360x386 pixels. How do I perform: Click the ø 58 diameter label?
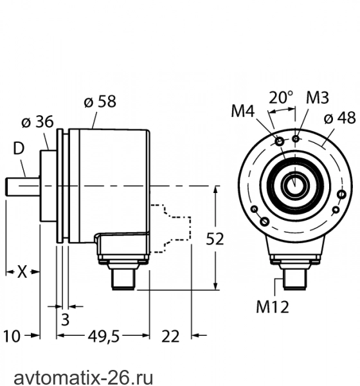[100, 101]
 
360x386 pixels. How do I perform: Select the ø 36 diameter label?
[37, 122]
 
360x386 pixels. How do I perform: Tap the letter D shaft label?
[19, 149]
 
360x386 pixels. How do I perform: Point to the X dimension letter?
[22, 272]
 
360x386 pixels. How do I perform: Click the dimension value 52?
[215, 239]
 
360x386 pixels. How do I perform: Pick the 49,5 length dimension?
[104, 336]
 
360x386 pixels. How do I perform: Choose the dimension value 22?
[170, 336]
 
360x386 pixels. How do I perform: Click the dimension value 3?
[65, 320]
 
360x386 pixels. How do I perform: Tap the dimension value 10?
[12, 336]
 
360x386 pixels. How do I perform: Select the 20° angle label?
[281, 98]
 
